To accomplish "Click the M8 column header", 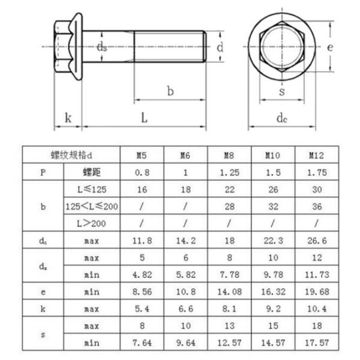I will coord(229,155).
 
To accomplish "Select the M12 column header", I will coord(316,155).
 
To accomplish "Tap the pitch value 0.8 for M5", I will coord(142,172).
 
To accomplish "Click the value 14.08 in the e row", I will coord(229,291).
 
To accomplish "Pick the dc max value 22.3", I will coord(273,241).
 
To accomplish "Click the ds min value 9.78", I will coord(273,274).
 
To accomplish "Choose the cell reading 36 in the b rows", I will coord(316,206).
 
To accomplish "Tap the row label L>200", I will coord(92,223).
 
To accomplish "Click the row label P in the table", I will coord(43,172).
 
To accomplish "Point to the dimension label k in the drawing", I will coord(68,118).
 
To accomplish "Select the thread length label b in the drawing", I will coord(170,91).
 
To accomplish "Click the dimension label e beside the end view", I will coord(329,47).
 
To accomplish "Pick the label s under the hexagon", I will coord(281,92).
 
